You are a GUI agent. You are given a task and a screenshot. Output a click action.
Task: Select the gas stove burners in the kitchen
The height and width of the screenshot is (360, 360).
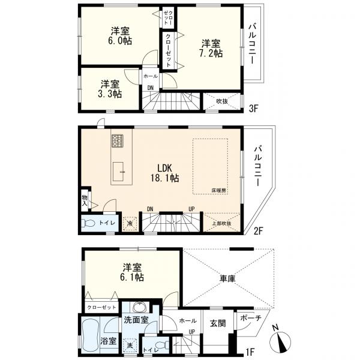click(118, 141)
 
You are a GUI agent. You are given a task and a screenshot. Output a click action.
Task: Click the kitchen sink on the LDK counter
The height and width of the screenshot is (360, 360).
click(118, 171)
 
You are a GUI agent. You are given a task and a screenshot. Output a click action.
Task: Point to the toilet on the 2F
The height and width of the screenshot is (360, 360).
click(88, 223)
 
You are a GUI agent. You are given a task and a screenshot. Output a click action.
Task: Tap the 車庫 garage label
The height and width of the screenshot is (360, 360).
click(227, 279)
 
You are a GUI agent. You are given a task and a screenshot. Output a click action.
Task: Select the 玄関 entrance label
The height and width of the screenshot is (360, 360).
click(218, 323)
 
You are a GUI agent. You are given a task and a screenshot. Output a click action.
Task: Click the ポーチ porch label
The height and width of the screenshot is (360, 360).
click(251, 318)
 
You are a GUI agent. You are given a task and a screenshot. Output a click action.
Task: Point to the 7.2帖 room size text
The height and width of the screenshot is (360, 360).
click(211, 53)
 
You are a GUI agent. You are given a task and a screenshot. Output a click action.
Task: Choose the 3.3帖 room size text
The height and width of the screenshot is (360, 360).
click(110, 94)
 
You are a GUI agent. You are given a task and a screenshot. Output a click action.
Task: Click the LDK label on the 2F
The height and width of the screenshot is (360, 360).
click(164, 168)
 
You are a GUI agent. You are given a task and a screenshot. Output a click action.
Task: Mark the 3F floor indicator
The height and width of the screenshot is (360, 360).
click(254, 109)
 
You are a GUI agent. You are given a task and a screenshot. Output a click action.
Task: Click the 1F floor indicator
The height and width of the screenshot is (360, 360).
click(250, 352)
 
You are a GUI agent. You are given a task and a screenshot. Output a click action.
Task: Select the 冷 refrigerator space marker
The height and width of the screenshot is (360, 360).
click(130, 223)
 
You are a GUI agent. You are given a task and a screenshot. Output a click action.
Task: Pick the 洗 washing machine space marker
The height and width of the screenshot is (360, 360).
click(130, 346)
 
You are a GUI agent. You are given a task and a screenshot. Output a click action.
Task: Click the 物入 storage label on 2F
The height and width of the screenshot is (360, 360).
click(85, 200)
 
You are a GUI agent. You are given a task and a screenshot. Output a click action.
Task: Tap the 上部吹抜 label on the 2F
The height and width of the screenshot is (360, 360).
click(221, 223)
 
